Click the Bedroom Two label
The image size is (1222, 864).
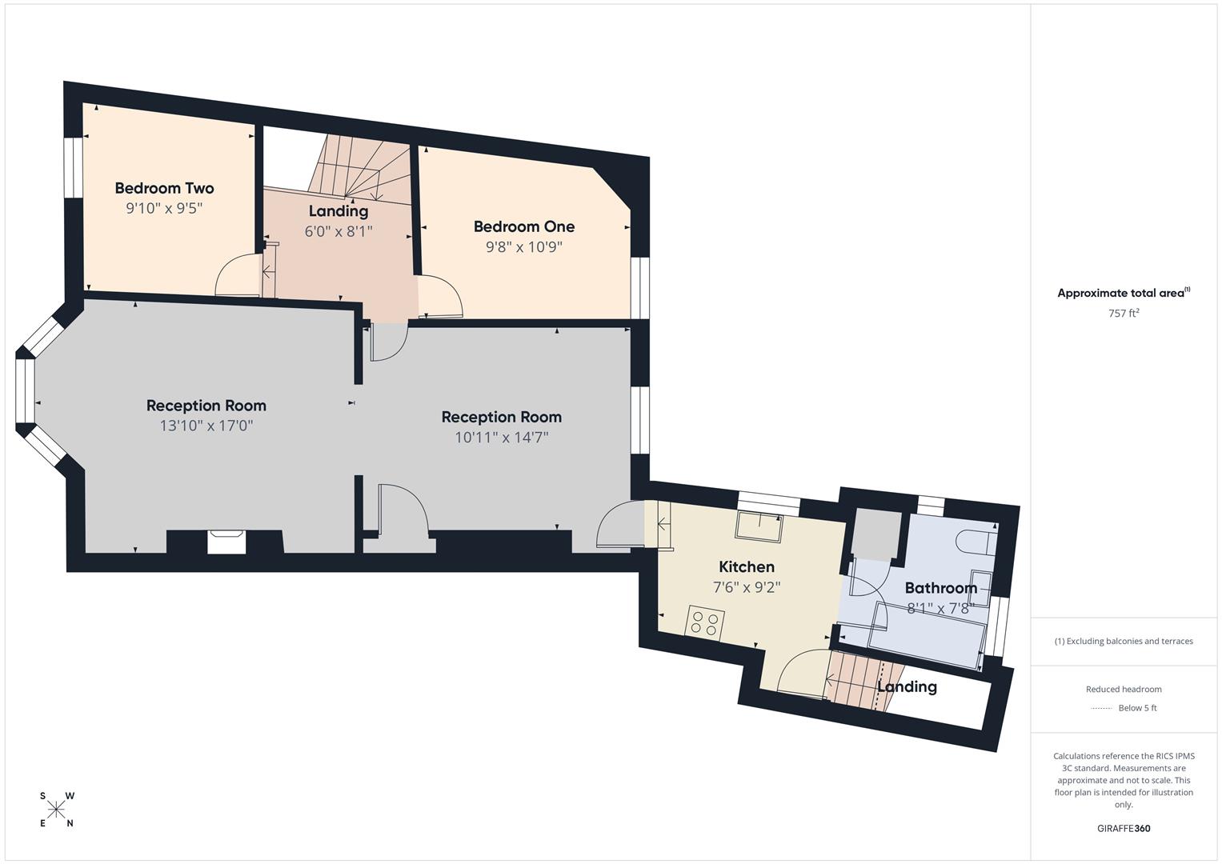pos(164,188)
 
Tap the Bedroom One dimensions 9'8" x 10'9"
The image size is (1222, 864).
pos(523,247)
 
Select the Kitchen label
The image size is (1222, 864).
pos(746,566)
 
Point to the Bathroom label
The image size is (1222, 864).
pos(940,588)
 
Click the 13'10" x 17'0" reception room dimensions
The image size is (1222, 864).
pos(206,426)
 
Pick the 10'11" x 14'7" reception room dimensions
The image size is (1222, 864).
pos(501,438)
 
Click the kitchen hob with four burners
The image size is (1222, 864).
pos(705,623)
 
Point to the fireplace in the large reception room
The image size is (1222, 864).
pos(226,542)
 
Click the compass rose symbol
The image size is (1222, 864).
pos(56,810)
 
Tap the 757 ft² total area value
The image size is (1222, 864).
pos(1123,314)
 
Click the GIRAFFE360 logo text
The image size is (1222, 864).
pos(1123,829)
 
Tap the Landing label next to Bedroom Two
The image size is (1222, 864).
pos(339,211)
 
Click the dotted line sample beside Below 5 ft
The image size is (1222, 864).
pos(1101,708)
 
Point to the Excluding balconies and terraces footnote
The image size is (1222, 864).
pos(1123,641)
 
